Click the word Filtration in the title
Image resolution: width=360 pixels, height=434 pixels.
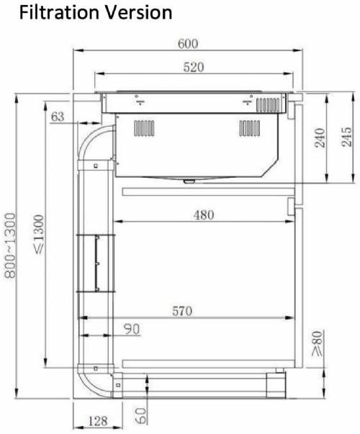60,13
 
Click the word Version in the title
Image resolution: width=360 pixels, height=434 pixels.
138,13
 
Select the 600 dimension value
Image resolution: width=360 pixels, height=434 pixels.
188,44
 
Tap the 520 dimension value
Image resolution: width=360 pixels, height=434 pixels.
194,67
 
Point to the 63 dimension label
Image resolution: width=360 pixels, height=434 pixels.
58,117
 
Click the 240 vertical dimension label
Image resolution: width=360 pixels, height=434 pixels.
320,137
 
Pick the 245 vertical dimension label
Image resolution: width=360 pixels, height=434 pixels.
347,137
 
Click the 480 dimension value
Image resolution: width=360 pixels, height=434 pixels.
204,215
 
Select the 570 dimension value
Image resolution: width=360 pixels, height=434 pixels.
182,311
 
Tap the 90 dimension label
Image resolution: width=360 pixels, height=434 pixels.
132,329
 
